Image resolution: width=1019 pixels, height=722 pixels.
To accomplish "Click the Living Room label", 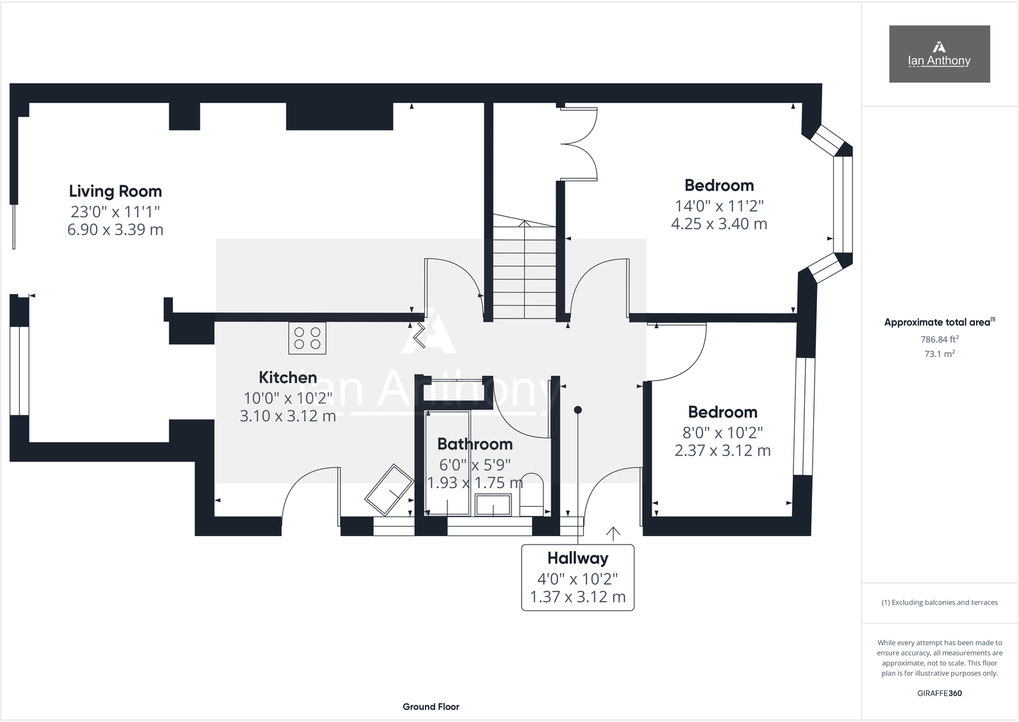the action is pyautogui.click(x=115, y=191).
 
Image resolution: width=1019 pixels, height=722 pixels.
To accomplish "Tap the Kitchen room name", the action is pyautogui.click(x=288, y=377).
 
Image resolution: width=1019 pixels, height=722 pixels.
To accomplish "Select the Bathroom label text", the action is pyautogui.click(x=475, y=444).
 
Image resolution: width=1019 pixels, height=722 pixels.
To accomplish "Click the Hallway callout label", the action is pyautogui.click(x=577, y=558).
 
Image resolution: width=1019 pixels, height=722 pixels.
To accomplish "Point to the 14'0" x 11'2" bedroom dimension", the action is pyautogui.click(x=719, y=206).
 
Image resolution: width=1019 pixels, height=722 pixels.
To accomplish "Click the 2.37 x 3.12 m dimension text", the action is pyautogui.click(x=722, y=450).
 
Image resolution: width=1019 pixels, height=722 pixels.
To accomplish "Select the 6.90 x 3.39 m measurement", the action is pyautogui.click(x=115, y=229).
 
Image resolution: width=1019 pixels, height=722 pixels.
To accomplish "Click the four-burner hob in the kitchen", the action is pyautogui.click(x=307, y=338).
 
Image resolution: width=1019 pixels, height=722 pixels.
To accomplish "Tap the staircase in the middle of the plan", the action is pyautogui.click(x=524, y=269).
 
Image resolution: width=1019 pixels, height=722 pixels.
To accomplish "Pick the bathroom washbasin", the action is pyautogui.click(x=493, y=504).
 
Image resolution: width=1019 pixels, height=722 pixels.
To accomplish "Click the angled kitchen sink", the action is pyautogui.click(x=389, y=490).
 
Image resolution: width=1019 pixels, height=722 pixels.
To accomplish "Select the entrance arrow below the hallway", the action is pyautogui.click(x=613, y=533).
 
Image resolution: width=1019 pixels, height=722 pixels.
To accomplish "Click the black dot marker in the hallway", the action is pyautogui.click(x=577, y=410).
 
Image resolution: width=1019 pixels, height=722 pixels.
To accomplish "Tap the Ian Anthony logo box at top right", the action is pyautogui.click(x=939, y=54).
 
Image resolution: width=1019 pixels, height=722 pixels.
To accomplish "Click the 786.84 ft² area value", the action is pyautogui.click(x=939, y=340).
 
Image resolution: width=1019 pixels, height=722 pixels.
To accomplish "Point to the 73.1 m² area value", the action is pyautogui.click(x=939, y=354).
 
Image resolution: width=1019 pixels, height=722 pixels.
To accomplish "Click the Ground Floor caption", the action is pyautogui.click(x=431, y=707).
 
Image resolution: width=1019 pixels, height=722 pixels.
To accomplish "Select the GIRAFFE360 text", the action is pyautogui.click(x=939, y=693).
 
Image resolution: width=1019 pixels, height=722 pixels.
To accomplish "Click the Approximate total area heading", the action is pyautogui.click(x=939, y=322).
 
